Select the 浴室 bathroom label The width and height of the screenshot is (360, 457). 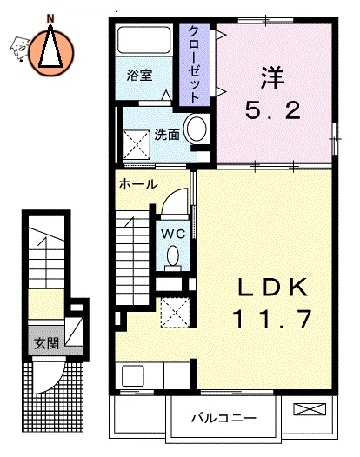click(139, 75)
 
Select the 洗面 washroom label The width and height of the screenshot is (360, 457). click(168, 135)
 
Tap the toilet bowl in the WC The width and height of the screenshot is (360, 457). click(172, 255)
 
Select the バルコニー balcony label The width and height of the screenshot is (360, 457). click(224, 418)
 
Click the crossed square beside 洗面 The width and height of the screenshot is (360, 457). click(137, 140)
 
